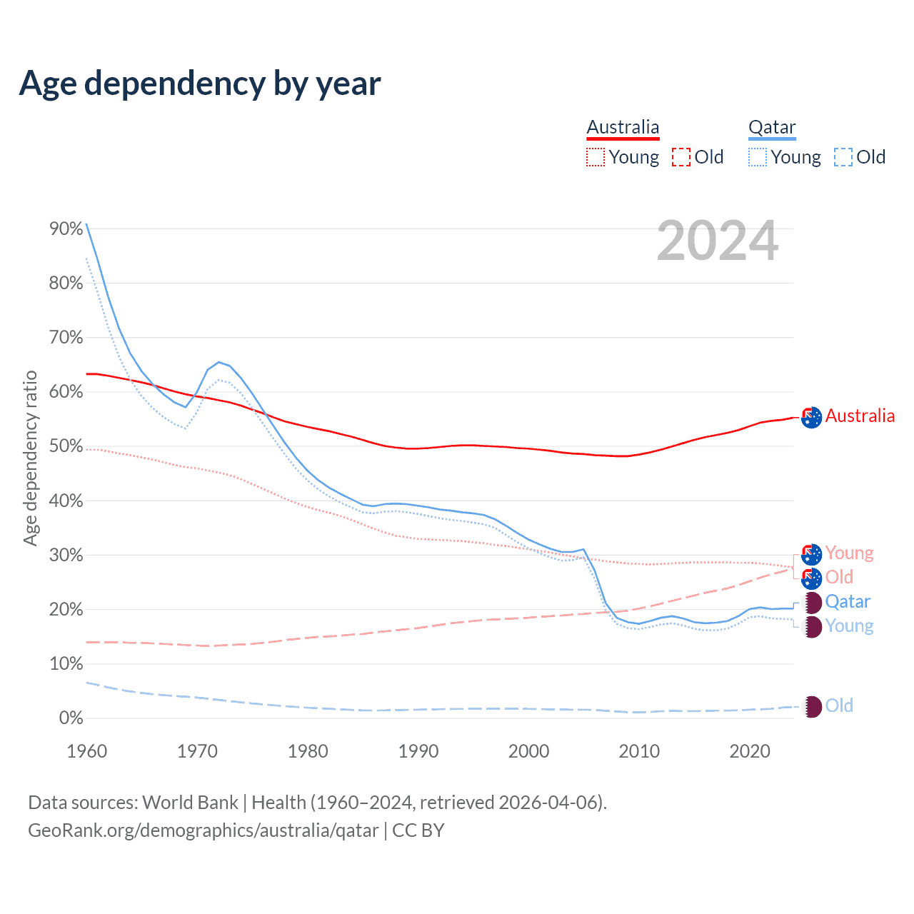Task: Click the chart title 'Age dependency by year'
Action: pos(200,84)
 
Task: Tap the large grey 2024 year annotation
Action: pos(717,241)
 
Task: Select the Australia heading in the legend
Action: pos(623,127)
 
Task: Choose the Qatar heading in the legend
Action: pos(772,127)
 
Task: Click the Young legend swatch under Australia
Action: pos(596,157)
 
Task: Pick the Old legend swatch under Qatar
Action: pos(843,157)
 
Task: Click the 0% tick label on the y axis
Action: pos(71,718)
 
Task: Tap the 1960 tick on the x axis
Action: pos(87,751)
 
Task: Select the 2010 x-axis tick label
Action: pos(639,751)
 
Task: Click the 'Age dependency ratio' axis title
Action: pos(30,458)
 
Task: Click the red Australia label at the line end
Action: pos(860,416)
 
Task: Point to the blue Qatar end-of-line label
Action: pos(848,601)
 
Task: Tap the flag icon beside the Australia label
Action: pos(812,417)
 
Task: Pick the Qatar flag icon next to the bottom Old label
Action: pos(812,707)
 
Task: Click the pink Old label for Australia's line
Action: pos(839,577)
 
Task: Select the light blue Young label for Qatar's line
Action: pos(849,626)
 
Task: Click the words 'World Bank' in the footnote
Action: pos(190,802)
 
